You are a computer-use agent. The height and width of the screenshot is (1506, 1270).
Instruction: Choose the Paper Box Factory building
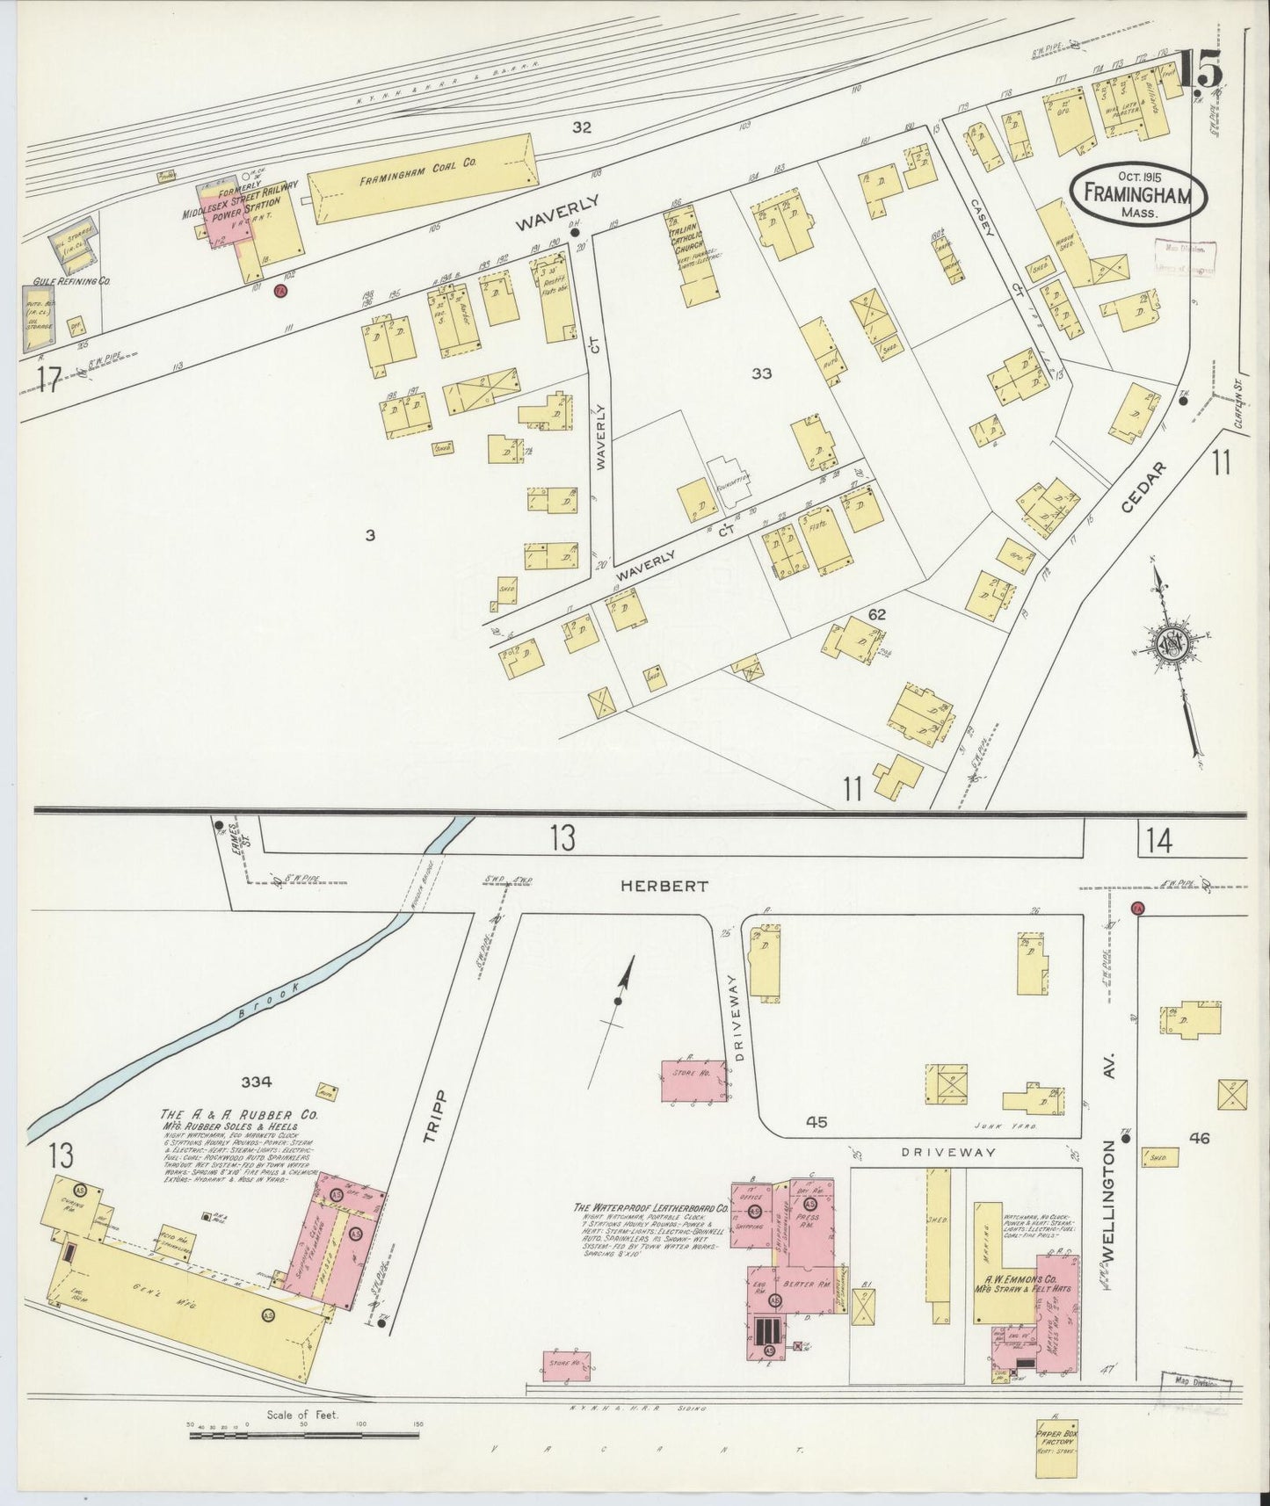point(1056,1444)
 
